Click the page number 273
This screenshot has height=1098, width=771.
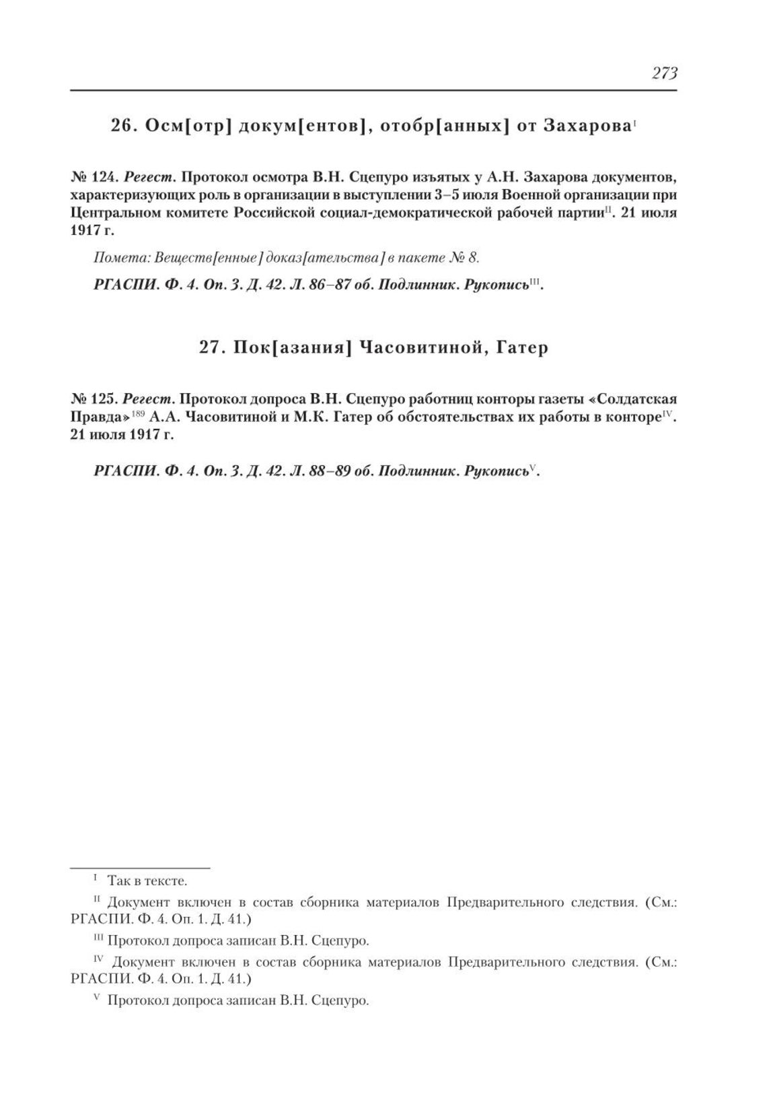(663, 73)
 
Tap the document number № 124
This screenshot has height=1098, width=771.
(95, 178)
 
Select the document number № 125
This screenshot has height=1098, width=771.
(95, 399)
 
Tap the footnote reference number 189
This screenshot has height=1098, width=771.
(138, 413)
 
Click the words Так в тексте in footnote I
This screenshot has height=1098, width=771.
(147, 881)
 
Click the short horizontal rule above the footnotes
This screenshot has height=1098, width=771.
(141, 868)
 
